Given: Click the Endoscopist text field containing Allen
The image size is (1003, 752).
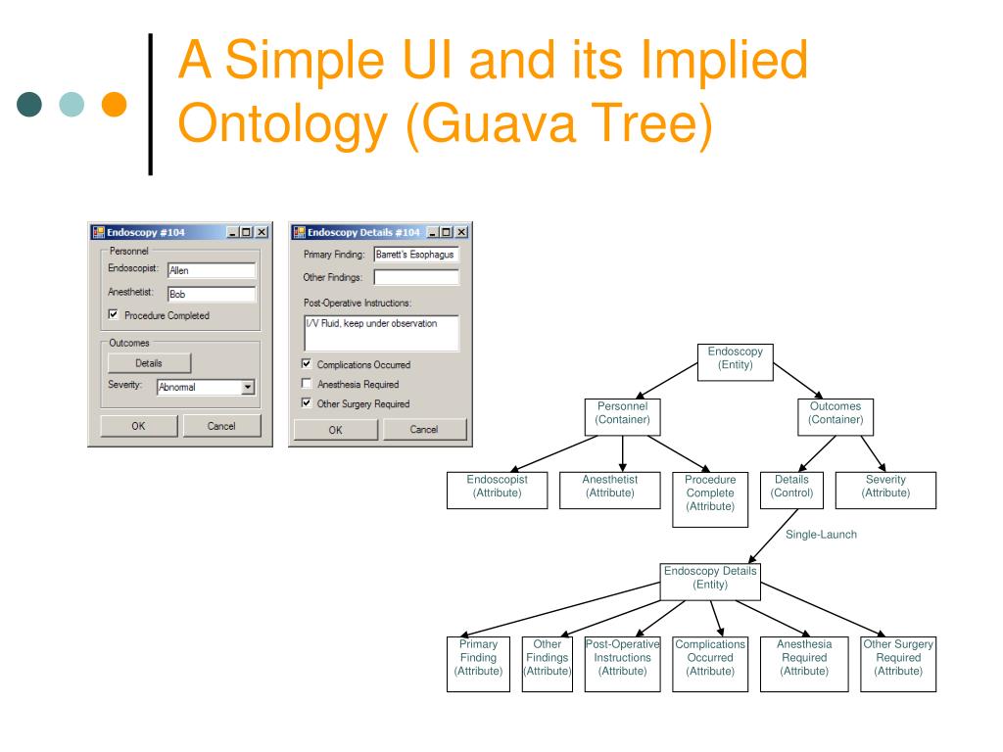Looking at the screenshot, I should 211,270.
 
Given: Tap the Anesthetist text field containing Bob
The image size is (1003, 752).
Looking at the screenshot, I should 211,293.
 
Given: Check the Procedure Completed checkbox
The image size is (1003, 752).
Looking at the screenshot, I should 115,315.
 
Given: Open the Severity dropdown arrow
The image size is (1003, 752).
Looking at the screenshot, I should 248,387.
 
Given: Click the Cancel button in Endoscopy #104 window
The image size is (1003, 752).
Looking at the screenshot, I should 221,425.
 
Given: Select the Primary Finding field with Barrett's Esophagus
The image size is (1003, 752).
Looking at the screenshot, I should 416,255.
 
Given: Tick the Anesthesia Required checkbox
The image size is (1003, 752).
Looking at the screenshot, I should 307,384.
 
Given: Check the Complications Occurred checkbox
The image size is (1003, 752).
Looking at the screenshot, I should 307,364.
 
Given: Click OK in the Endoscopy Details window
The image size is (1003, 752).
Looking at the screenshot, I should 335,429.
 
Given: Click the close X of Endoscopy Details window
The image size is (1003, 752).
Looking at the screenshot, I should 461,232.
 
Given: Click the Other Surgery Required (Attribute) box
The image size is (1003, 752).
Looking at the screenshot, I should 897,664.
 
